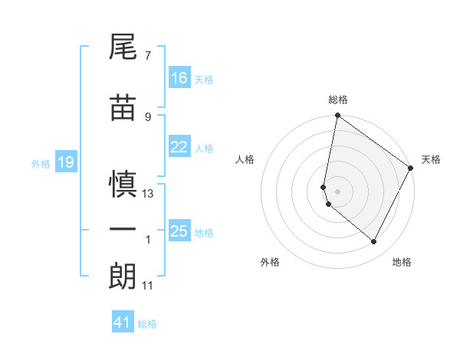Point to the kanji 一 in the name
[x=123, y=229]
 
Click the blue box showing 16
[x=179, y=78]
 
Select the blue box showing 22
[x=179, y=148]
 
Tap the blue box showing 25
[x=179, y=231]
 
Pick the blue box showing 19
[x=65, y=162]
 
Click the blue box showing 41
[x=123, y=322]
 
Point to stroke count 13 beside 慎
[x=149, y=194]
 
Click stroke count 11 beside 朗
[x=148, y=286]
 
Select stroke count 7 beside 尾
[x=148, y=56]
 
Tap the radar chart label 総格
[x=338, y=100]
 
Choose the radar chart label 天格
[x=431, y=159]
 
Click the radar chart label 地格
[x=402, y=262]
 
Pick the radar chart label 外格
[x=270, y=262]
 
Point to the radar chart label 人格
[x=245, y=159]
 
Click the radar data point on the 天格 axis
[x=412, y=168]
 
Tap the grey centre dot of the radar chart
[x=338, y=191]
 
